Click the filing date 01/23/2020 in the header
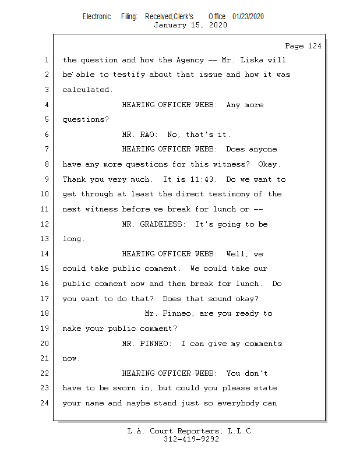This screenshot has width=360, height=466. [248, 16]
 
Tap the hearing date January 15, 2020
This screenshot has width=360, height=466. [190, 25]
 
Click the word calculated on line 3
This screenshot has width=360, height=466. [87, 90]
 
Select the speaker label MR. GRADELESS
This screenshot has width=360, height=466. [155, 224]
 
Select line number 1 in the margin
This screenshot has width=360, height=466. [47, 60]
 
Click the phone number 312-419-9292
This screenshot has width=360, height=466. [191, 439]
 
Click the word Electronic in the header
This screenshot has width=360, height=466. [97, 16]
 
